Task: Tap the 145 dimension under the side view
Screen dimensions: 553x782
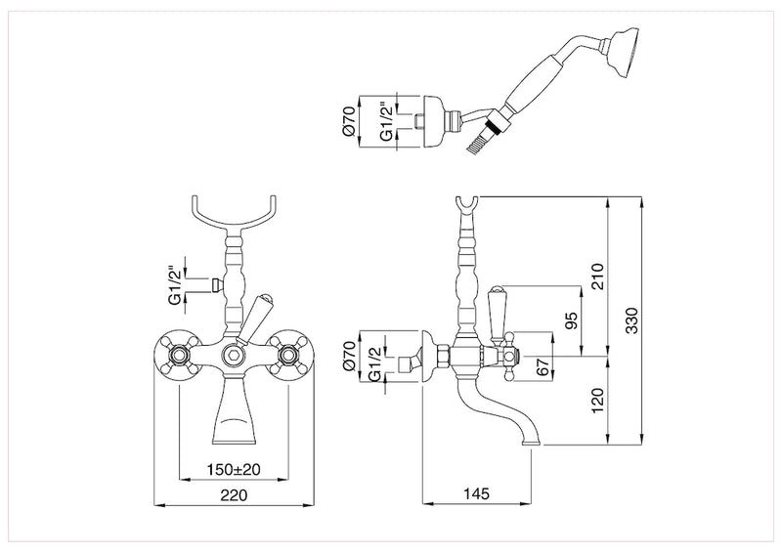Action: coord(477,495)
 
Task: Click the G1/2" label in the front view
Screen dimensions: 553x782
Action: coord(175,284)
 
